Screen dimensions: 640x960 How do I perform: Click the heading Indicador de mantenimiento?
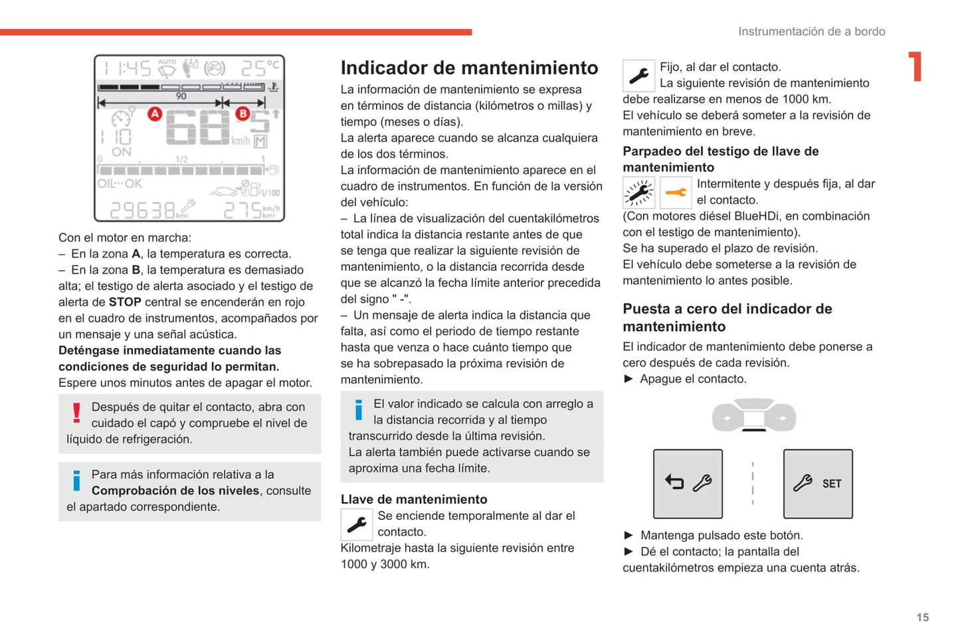(x=469, y=68)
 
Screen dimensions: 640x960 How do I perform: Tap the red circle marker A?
(x=155, y=114)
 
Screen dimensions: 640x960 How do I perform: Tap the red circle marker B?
(x=242, y=114)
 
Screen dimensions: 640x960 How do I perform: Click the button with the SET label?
(x=818, y=483)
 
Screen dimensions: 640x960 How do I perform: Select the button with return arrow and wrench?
(x=688, y=483)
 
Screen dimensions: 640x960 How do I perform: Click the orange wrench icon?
(x=676, y=193)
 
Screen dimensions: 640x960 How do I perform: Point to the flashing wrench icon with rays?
(x=638, y=193)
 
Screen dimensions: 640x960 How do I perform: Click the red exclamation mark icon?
(x=76, y=413)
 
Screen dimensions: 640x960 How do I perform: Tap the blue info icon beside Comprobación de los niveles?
(x=76, y=481)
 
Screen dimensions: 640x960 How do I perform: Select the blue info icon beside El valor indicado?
(x=359, y=410)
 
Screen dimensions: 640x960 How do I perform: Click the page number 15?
(x=922, y=617)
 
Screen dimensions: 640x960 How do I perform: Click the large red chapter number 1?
(x=915, y=66)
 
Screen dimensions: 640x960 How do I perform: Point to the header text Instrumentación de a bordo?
(x=811, y=31)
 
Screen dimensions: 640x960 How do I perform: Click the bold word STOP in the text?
(x=125, y=302)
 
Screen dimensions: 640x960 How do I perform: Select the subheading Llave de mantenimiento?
(x=414, y=499)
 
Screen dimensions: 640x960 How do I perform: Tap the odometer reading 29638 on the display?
(x=142, y=210)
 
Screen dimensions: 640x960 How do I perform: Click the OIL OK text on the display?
(x=120, y=183)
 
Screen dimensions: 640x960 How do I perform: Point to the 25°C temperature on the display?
(x=260, y=68)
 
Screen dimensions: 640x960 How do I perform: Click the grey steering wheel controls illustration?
(x=753, y=416)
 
